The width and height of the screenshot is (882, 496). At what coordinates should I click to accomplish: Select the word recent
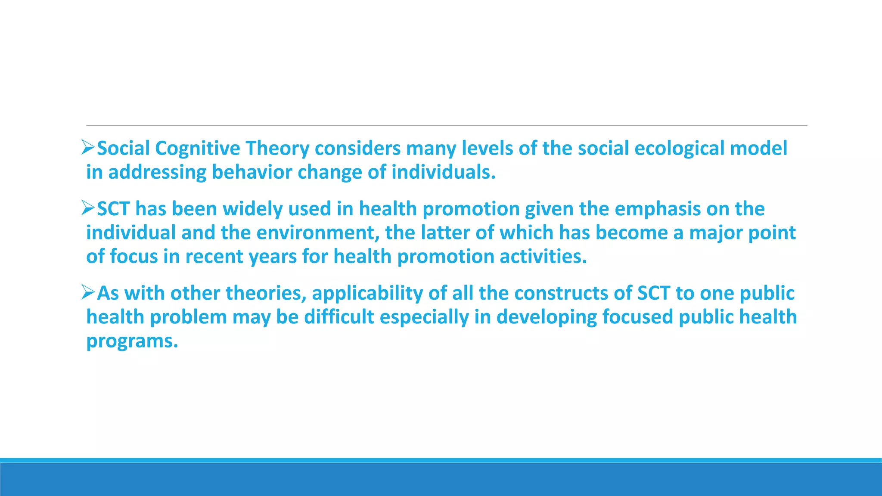[x=214, y=257]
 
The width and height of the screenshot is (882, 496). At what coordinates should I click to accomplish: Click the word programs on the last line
[x=132, y=341]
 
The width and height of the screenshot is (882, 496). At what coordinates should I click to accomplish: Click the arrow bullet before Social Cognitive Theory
[x=88, y=148]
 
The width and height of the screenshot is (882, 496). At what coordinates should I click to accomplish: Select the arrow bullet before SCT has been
[x=88, y=209]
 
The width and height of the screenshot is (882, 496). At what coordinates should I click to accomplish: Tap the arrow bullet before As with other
[x=88, y=293]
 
